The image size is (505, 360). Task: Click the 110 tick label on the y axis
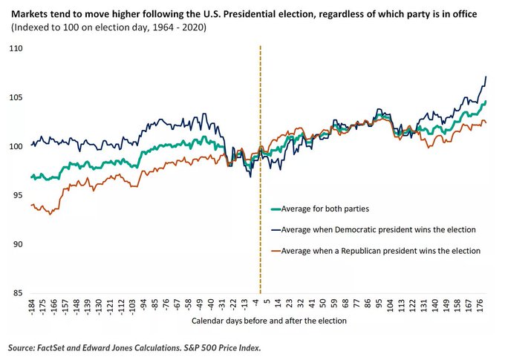(16, 48)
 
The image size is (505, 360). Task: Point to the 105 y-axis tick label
(16, 97)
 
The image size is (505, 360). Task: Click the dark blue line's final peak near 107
(486, 77)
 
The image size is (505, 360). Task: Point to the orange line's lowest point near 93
(50, 214)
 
